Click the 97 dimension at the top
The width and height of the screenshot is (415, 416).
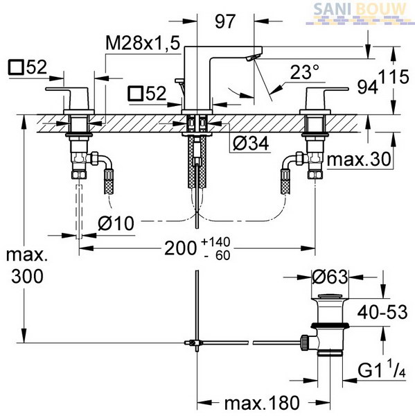[225, 21]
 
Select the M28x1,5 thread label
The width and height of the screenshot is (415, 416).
[143, 43]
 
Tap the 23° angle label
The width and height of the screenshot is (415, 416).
[304, 72]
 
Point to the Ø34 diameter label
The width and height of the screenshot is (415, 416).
[251, 144]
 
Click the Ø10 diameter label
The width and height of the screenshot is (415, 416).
[116, 223]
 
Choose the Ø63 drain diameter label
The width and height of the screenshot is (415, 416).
[330, 277]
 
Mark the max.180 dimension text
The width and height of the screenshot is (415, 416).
[262, 403]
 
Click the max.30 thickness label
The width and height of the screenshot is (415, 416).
[359, 159]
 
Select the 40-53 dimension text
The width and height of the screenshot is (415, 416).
[382, 312]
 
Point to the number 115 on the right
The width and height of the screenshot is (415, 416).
[394, 77]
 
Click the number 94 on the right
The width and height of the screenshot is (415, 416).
[367, 87]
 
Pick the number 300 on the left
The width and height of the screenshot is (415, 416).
[27, 277]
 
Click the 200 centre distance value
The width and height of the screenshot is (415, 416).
[181, 248]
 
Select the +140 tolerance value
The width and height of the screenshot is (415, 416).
[215, 242]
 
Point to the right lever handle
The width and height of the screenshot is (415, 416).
[326, 96]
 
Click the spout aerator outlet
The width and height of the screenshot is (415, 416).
[252, 57]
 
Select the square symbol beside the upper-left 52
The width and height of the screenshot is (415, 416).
[17, 67]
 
